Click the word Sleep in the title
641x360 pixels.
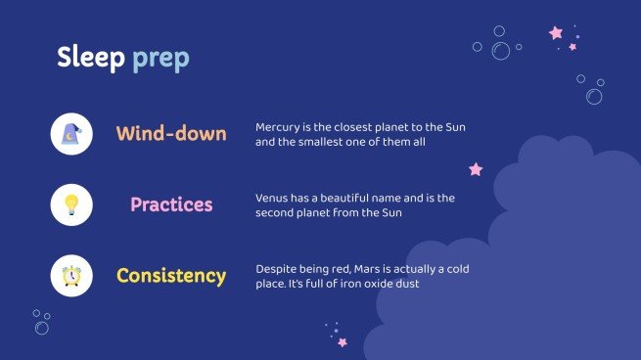[x=91, y=58]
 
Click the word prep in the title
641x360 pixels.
[x=161, y=60]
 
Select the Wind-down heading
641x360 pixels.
[x=171, y=134]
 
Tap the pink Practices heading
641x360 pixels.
[x=171, y=204]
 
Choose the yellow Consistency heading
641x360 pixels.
[x=171, y=276]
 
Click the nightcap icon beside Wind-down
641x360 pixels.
[x=71, y=134]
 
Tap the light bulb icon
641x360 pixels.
[x=71, y=204]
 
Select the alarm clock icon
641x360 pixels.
[x=71, y=276]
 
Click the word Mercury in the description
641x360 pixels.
[x=280, y=127]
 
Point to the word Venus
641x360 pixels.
[x=273, y=198]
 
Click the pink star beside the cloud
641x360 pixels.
[x=476, y=169]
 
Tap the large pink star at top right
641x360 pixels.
[x=556, y=33]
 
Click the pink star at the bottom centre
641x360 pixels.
[x=342, y=342]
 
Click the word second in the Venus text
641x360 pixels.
[x=277, y=212]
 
